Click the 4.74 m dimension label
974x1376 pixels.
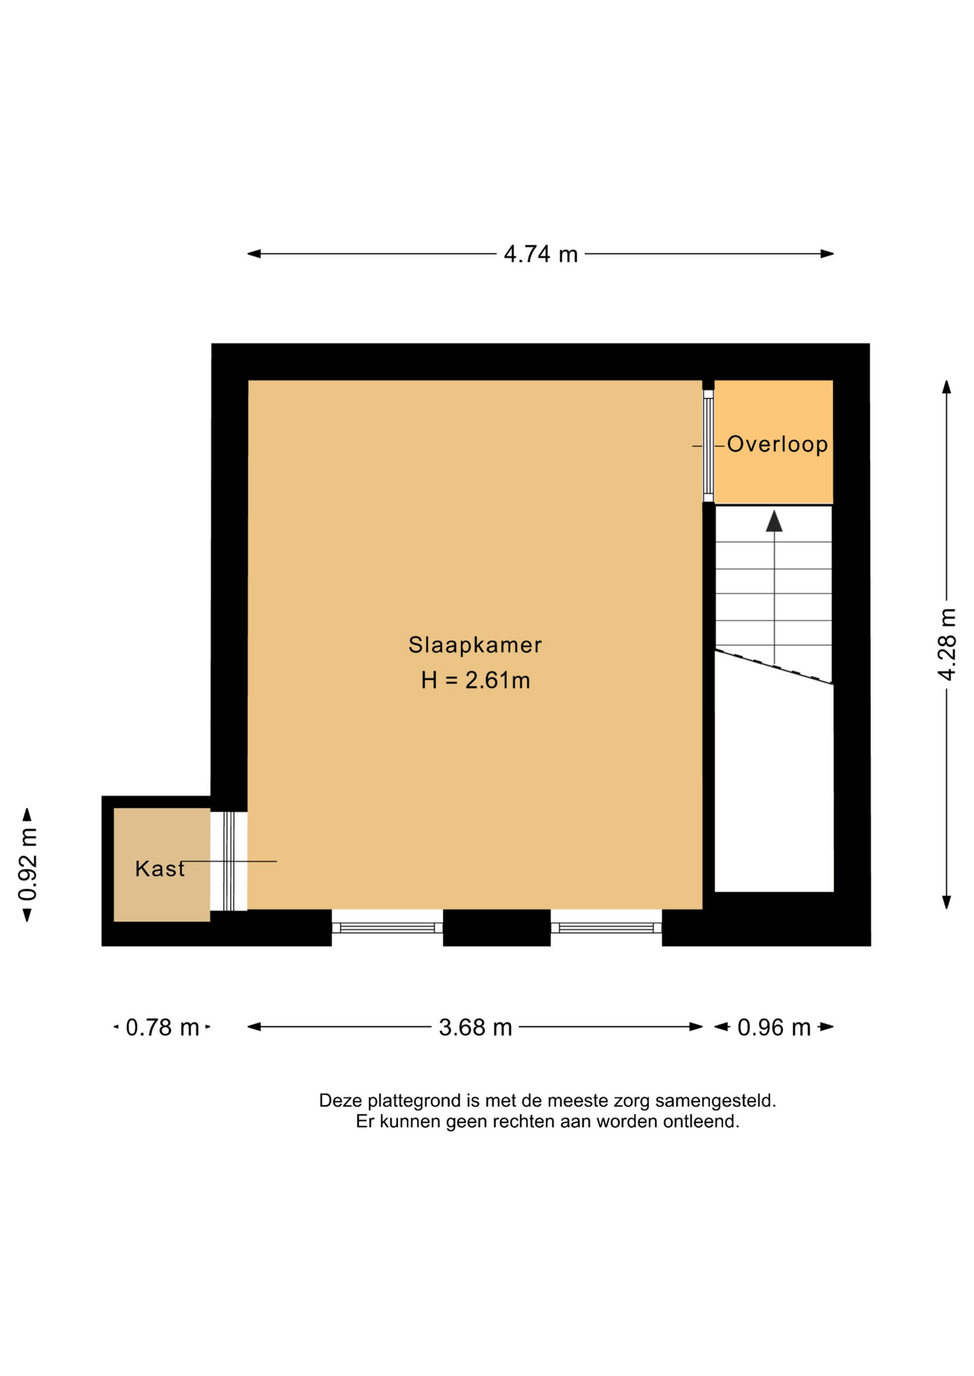[540, 254]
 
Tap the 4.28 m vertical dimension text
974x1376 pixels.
[947, 644]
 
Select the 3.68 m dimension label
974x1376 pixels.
[476, 1028]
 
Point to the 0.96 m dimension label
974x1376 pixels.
[774, 1028]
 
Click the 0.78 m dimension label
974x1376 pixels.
[162, 1028]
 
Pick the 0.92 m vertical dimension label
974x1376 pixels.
[27, 864]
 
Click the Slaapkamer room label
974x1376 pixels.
[475, 645]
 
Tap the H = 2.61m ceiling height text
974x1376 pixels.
[476, 680]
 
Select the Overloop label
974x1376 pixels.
[777, 444]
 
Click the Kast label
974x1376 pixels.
[160, 869]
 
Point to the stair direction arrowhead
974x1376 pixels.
[774, 521]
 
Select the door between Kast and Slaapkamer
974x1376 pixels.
[229, 861]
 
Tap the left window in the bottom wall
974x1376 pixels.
[387, 927]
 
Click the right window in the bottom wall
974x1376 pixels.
[606, 927]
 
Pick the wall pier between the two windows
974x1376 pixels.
[496, 927]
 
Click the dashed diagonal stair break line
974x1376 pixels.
[774, 667]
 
